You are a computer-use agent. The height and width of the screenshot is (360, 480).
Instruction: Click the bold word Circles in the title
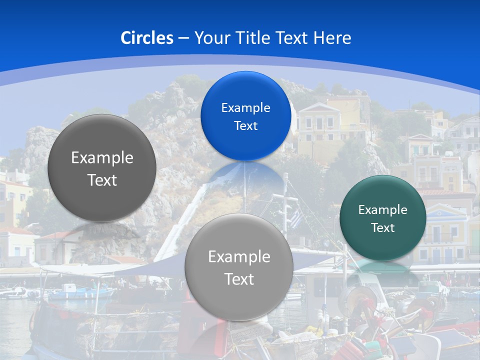[x=147, y=38]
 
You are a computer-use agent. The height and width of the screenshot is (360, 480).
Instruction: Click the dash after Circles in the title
[x=183, y=38]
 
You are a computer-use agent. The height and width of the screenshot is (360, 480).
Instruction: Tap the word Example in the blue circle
[x=245, y=108]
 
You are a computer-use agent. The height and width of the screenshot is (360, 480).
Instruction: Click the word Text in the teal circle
[x=383, y=228]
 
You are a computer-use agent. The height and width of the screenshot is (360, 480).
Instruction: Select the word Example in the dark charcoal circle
[x=102, y=158]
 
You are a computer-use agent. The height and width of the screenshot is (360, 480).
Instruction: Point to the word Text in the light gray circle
[x=239, y=279]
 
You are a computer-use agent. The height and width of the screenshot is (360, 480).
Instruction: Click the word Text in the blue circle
[x=245, y=126]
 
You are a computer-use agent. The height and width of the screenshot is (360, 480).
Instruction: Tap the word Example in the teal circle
[x=382, y=210]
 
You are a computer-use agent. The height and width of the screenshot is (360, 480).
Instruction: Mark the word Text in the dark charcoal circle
[x=102, y=180]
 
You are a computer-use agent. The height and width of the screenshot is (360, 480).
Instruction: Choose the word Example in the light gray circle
[x=239, y=257]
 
